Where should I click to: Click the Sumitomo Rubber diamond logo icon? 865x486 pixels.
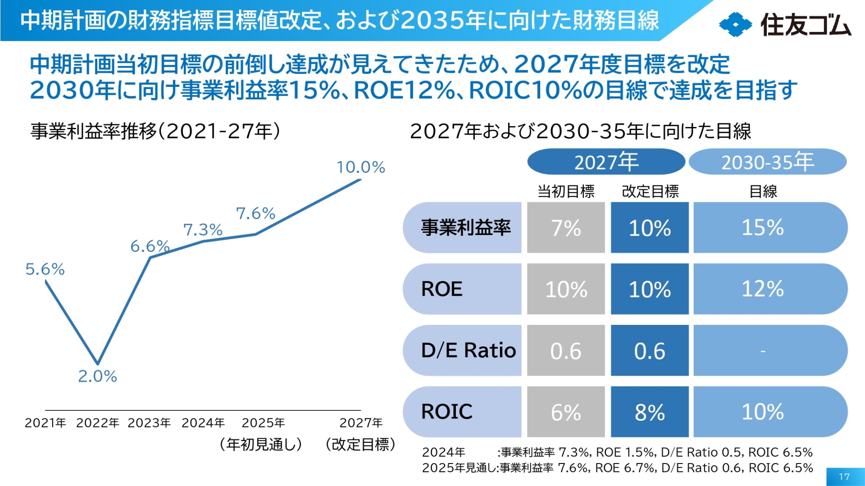tap(735, 24)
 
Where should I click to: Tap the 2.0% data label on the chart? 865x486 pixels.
tap(97, 376)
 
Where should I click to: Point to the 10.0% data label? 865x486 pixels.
tap(360, 167)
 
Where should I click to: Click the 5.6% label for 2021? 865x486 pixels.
tap(45, 269)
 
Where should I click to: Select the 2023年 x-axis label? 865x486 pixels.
tap(149, 423)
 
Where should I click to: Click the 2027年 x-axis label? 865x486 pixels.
tap(361, 423)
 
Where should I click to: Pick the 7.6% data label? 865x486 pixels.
tap(255, 213)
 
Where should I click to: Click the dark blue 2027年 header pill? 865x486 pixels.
tap(606, 162)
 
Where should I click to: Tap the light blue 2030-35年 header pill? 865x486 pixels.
tap(768, 162)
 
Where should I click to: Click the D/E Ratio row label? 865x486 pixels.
tap(468, 350)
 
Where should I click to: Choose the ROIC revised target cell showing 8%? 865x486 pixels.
tap(650, 412)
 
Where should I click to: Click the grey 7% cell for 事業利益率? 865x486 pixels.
tap(566, 228)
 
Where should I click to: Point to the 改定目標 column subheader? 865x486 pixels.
tap(650, 192)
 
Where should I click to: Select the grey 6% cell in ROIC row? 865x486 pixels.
tap(566, 412)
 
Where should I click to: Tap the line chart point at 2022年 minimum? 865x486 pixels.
tap(97, 363)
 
